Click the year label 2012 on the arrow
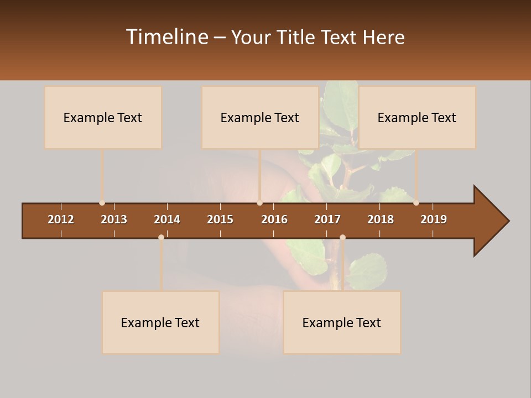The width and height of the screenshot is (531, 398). point(61,219)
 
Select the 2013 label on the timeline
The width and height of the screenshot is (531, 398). point(114,219)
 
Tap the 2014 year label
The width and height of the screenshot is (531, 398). point(167,219)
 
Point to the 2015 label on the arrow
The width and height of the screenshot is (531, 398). point(220,219)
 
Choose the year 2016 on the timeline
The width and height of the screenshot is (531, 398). point(274,219)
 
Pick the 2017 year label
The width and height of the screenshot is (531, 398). point(327,219)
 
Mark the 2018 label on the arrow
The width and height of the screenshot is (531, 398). point(381,219)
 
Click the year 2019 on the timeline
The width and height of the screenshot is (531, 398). point(434,219)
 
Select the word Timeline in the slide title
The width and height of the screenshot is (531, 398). point(166,37)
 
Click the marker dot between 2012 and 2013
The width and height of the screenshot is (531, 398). point(102,203)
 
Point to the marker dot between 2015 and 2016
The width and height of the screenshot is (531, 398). point(259,203)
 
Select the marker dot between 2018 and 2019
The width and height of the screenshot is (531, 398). point(416,203)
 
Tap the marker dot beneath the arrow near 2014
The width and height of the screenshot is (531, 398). point(161,237)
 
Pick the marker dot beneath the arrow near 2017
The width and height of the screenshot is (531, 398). point(342,237)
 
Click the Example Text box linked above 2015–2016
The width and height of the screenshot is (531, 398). point(259,117)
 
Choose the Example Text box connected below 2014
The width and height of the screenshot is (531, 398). point(160,322)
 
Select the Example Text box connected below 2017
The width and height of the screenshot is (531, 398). point(342,322)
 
